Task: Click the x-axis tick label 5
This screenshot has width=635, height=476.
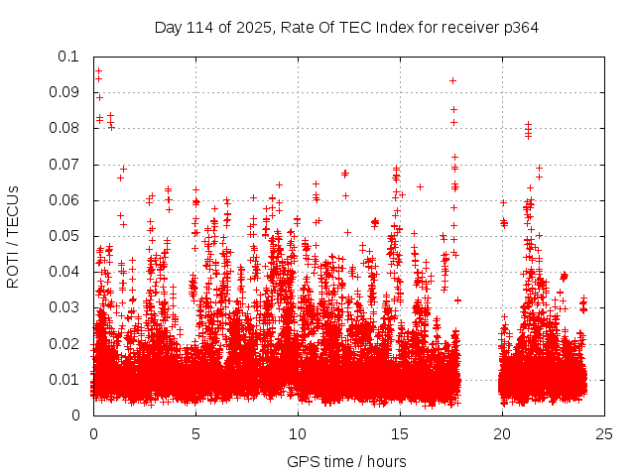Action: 195,434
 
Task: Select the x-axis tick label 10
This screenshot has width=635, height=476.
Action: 298,434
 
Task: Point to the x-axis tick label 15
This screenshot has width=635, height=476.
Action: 400,434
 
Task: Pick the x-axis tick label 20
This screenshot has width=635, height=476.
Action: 502,434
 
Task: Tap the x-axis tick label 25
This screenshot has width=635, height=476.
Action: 604,434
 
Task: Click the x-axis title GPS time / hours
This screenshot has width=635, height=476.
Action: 347,461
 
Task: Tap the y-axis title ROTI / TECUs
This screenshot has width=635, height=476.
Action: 14,236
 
